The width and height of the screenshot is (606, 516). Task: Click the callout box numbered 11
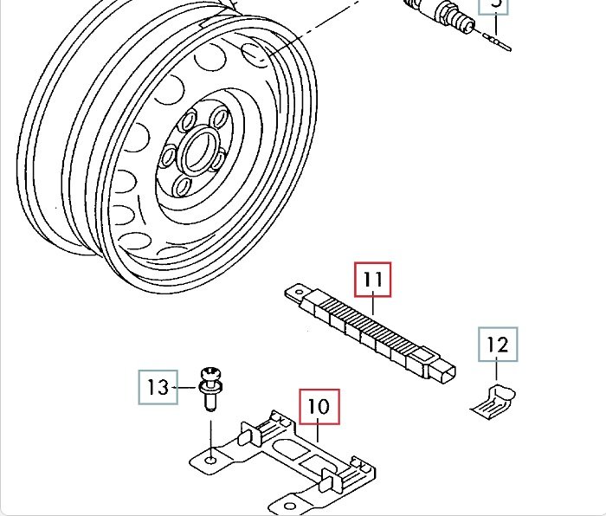click(x=373, y=280)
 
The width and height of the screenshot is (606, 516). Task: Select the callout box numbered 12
click(x=497, y=345)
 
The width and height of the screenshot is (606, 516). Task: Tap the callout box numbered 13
click(x=158, y=387)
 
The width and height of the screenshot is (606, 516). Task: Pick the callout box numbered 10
click(x=319, y=407)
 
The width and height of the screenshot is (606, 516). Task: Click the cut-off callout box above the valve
click(x=497, y=5)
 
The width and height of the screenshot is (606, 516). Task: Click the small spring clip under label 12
click(x=496, y=399)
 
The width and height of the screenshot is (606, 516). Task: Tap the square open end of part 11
click(x=443, y=373)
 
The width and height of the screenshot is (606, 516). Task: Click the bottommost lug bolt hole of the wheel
click(x=184, y=186)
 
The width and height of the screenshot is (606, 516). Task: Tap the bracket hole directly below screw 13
click(x=210, y=453)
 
